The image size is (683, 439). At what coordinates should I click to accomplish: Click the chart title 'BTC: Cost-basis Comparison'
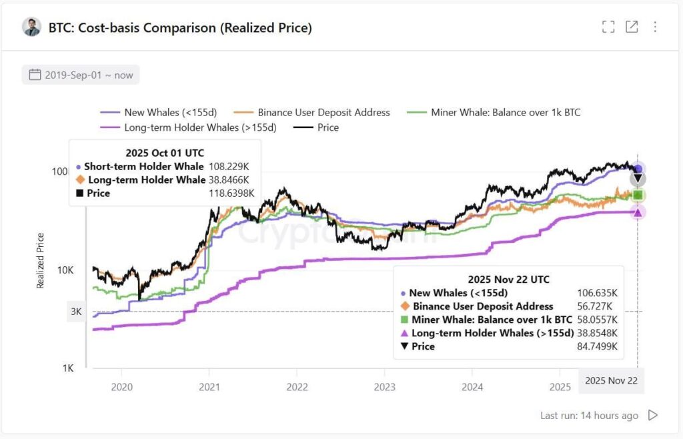[180, 27]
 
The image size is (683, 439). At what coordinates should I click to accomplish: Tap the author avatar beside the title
[31, 27]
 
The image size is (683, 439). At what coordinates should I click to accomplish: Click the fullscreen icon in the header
[608, 27]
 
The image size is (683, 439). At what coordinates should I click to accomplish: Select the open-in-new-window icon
[632, 27]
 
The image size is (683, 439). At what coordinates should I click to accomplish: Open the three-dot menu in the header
[655, 27]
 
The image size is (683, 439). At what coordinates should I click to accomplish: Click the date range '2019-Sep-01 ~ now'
[81, 75]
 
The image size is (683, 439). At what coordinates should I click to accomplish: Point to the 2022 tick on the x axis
[297, 386]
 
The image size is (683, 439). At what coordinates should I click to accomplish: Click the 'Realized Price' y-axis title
[41, 260]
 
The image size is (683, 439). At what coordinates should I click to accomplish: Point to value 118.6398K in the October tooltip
[231, 193]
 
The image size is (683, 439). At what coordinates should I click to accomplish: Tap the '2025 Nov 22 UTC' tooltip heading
[508, 280]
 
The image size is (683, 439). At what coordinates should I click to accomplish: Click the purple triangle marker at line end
[638, 212]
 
